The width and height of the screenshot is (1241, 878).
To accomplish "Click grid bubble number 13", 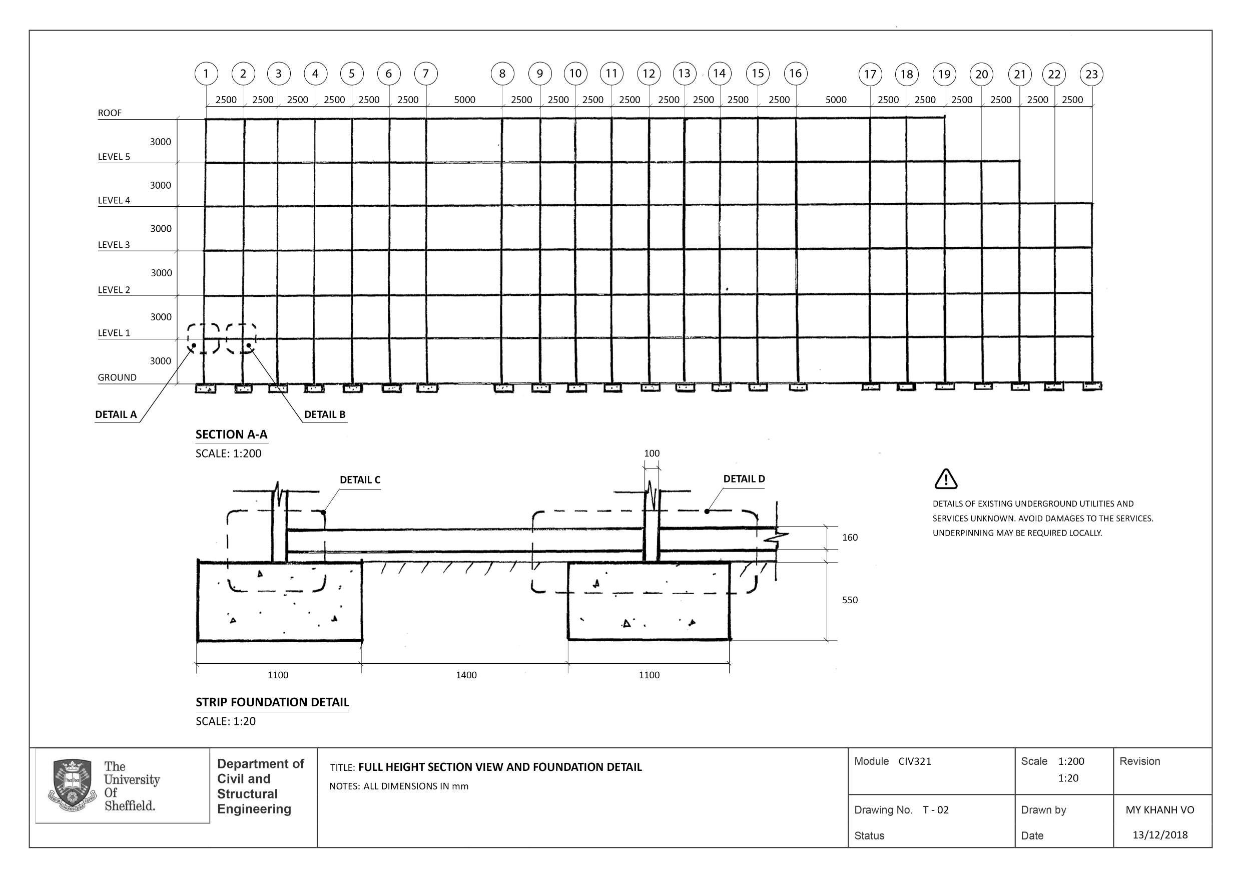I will [684, 73].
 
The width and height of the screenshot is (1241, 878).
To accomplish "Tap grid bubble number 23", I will [1091, 74].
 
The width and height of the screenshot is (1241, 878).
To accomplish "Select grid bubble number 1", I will [206, 74].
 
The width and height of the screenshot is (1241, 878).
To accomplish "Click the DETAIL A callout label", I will [116, 414].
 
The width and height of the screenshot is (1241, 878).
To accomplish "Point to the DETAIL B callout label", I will [324, 414].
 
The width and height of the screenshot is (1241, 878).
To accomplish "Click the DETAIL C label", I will [360, 480].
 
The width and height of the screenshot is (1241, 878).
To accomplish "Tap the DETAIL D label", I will [744, 479].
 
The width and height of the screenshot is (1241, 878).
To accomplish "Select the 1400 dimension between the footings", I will [466, 675].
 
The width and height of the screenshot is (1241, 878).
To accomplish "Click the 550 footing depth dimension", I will [850, 600].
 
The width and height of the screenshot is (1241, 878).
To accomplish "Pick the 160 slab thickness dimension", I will [850, 538].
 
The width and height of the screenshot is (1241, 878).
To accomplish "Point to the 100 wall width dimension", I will [652, 453].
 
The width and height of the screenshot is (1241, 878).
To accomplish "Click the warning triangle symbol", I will [945, 479].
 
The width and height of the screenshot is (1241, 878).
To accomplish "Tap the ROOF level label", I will [110, 113].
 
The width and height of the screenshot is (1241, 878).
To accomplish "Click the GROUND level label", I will [117, 377].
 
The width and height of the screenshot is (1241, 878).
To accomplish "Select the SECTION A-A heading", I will [231, 434].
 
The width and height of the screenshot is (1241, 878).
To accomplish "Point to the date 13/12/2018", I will [1160, 835].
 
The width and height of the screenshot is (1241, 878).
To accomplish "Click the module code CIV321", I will [915, 761].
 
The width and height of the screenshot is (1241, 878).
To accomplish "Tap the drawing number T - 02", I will [936, 810].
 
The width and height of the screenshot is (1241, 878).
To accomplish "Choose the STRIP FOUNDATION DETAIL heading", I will [272, 702].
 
